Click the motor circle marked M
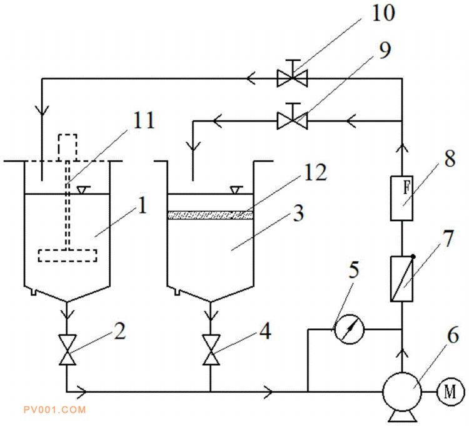[450, 392]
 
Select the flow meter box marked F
[401, 199]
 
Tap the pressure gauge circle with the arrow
[349, 330]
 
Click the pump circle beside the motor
[402, 392]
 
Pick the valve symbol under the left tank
[68, 350]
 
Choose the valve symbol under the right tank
[211, 350]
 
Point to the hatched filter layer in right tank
[211, 215]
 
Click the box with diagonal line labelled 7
[401, 278]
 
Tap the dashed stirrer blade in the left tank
[68, 256]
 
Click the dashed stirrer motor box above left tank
[68, 147]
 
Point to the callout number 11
[144, 120]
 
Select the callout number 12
[315, 172]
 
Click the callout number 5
[354, 269]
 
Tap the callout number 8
[450, 158]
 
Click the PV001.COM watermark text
[55, 410]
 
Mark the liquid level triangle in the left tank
[84, 190]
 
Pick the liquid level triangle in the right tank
[236, 190]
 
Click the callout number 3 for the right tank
[298, 213]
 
